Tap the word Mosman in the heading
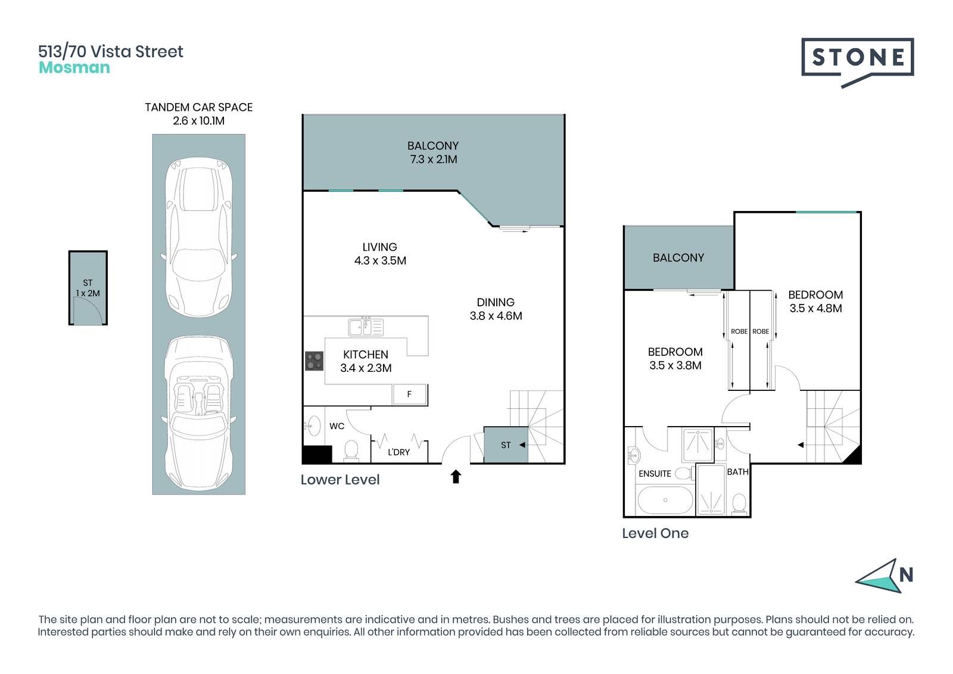click(74, 68)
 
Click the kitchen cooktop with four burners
click(314, 361)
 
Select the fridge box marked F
click(409, 395)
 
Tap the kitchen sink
click(366, 327)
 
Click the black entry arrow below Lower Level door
click(456, 476)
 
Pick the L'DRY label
click(398, 452)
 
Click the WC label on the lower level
click(337, 426)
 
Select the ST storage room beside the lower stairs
click(506, 445)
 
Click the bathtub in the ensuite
click(665, 500)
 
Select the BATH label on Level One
click(737, 472)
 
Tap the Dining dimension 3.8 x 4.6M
click(496, 316)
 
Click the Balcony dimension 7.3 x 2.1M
click(434, 159)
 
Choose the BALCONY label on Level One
click(678, 257)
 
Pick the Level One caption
click(655, 533)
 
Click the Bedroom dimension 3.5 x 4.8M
click(815, 308)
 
